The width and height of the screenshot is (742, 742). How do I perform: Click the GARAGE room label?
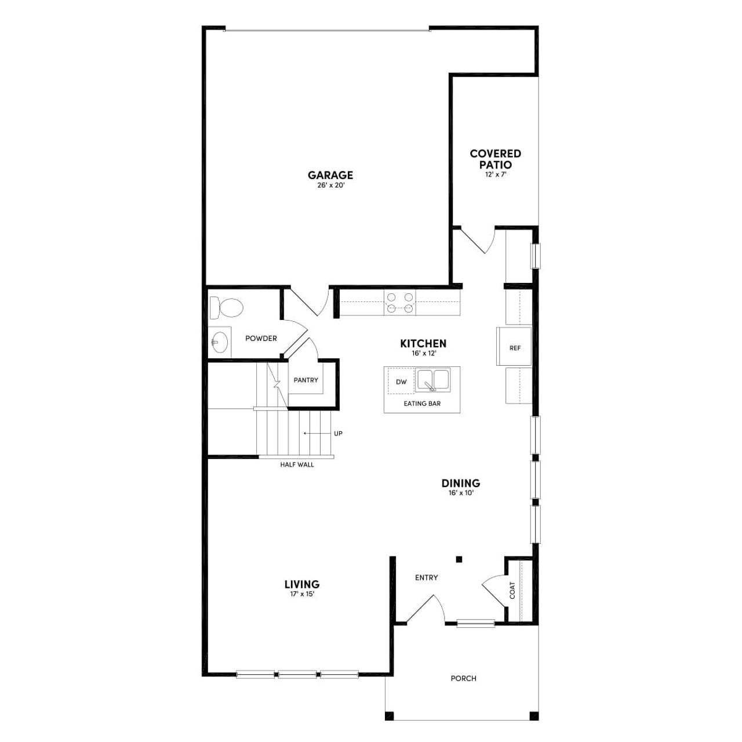pos(330,175)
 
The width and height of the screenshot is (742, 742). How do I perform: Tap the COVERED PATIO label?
pos(495,159)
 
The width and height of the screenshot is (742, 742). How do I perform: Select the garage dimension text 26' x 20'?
pos(330,186)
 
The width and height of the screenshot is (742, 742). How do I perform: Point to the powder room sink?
pos(219,343)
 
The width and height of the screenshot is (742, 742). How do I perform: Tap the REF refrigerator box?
pos(515,348)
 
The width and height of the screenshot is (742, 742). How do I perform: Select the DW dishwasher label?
pos(401,382)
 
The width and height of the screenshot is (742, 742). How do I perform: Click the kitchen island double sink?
pos(434,380)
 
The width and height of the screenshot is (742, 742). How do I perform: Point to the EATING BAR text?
pos(422,403)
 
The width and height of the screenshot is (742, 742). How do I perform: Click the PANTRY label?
pos(305,380)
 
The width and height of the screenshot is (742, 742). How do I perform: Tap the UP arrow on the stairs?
pos(313,433)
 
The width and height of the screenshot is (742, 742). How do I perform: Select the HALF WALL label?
pos(297,464)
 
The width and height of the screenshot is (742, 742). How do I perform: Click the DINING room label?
pos(461,483)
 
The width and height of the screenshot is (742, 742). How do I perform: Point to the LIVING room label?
pos(302,584)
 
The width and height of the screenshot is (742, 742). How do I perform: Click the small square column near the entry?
pos(459,559)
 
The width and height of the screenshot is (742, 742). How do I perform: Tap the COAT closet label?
pos(512,590)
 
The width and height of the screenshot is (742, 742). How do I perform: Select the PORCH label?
pos(463,678)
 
